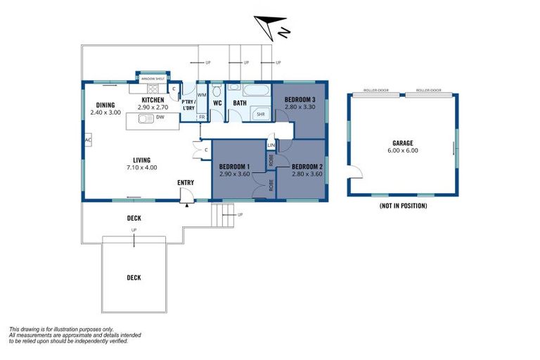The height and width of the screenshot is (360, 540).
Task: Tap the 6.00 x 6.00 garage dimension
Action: click(x=401, y=150)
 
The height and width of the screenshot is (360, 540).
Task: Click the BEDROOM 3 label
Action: click(x=300, y=100)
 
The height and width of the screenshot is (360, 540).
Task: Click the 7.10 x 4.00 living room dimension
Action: click(x=141, y=167)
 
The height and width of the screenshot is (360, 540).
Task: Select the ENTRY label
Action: click(x=186, y=183)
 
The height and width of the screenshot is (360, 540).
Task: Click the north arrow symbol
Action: click(x=273, y=26)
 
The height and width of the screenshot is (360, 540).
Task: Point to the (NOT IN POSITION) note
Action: click(x=402, y=206)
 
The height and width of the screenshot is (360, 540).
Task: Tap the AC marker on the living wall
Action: click(x=87, y=141)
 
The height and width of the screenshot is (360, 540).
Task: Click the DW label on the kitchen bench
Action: click(x=160, y=118)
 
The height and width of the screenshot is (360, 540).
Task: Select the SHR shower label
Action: click(x=260, y=114)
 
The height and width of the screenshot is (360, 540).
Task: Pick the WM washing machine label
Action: click(x=201, y=94)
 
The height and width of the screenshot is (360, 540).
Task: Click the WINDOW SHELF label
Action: click(x=153, y=79)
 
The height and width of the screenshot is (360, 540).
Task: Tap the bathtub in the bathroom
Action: click(x=256, y=91)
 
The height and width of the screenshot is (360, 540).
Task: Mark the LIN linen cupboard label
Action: click(x=271, y=145)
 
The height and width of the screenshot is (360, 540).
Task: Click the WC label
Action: click(x=217, y=103)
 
